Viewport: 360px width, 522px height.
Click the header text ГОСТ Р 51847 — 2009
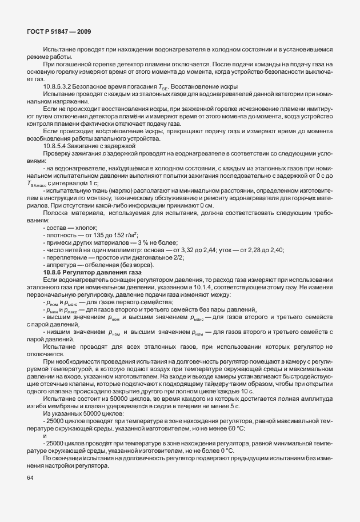coord(59,33)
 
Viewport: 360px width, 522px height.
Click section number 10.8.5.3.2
coord(59,86)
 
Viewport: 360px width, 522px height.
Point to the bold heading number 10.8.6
coord(53,272)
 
